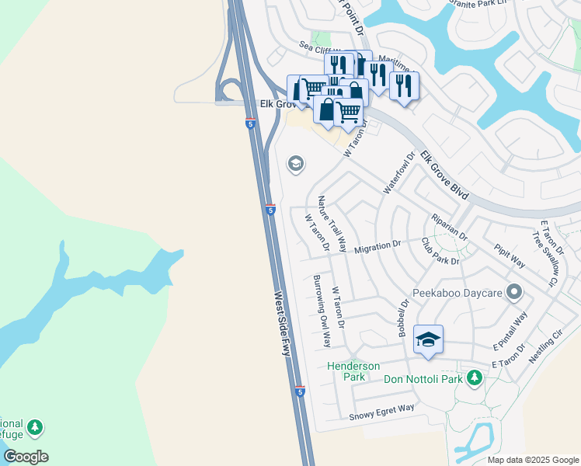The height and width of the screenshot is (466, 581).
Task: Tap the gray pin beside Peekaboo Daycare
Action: click(x=513, y=294)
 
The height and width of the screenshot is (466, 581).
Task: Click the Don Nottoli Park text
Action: click(x=423, y=379)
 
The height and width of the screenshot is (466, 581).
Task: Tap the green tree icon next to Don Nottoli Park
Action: click(x=474, y=378)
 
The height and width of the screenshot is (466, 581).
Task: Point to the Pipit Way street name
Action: click(x=510, y=256)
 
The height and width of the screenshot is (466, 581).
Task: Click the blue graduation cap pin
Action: click(x=428, y=339)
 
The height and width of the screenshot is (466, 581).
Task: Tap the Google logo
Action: click(x=26, y=457)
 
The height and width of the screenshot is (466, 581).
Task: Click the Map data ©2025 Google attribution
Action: click(x=533, y=460)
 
